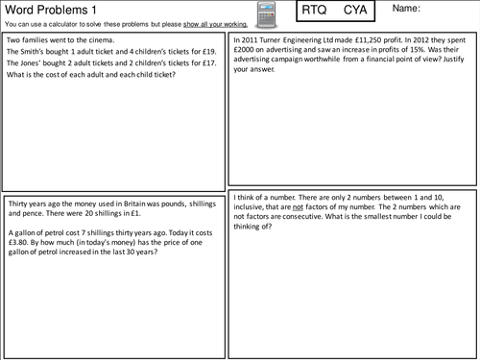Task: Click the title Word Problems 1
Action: click(44, 9)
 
